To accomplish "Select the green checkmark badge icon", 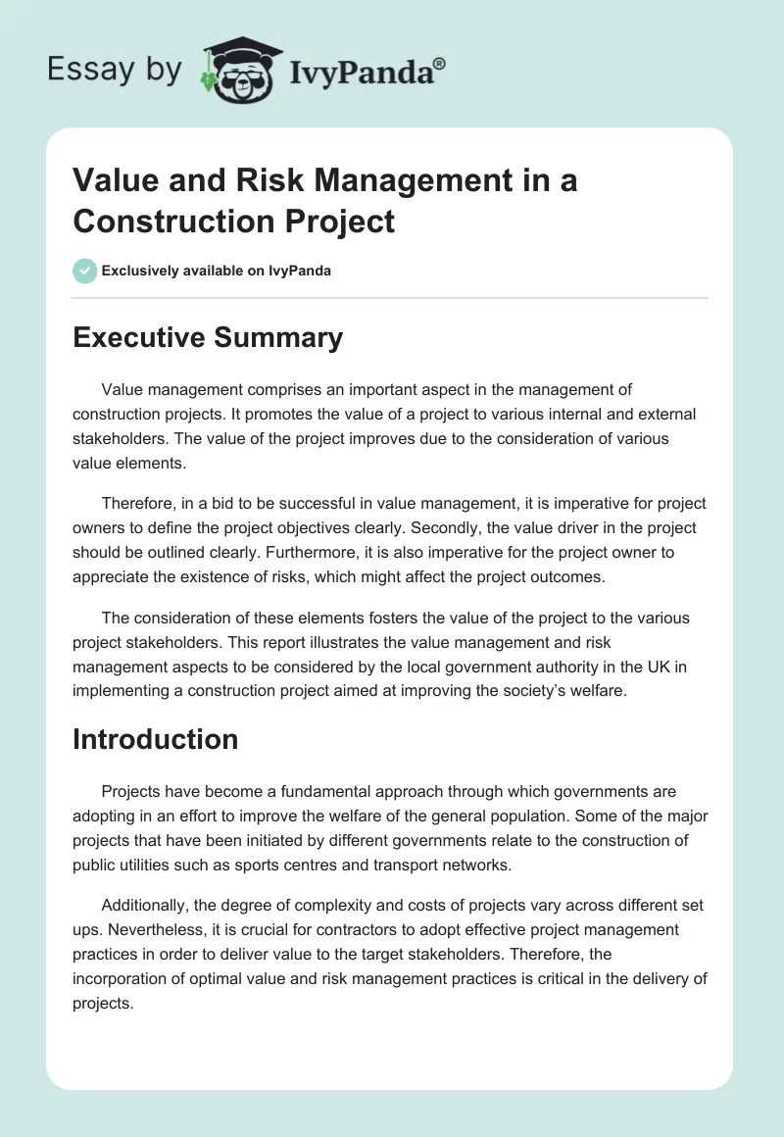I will coord(85,271).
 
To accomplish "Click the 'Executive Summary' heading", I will coord(208,337).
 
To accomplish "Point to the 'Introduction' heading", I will coord(156,738).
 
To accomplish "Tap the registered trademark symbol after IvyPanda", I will coord(440,63).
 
